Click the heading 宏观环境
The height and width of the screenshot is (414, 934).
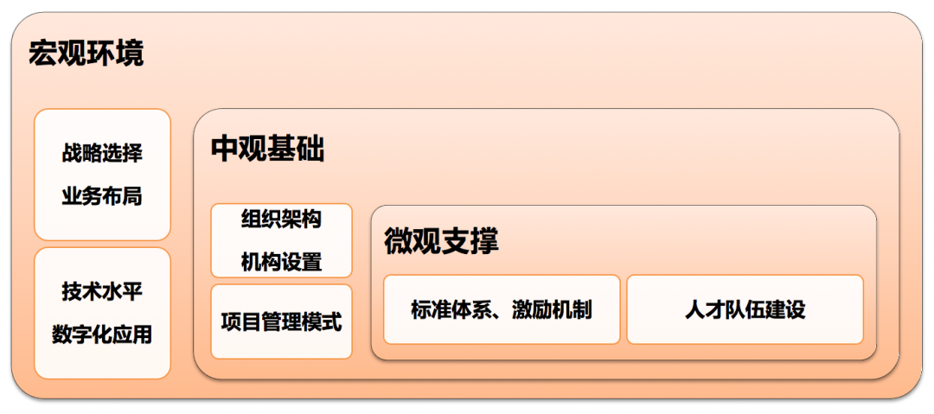pos(86,54)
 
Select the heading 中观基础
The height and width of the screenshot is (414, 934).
pos(268,150)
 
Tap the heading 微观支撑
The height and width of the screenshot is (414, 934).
pos(442,242)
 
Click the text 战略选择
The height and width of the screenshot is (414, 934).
pos(102,154)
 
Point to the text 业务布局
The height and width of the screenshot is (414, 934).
pos(102,196)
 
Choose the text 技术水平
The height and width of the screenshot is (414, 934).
pos(102,291)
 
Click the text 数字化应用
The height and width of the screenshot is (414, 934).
pos(102,334)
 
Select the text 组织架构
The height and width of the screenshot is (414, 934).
pos(281,219)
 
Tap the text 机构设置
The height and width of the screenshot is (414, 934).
pos(281,262)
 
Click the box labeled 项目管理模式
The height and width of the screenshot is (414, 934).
pos(281,322)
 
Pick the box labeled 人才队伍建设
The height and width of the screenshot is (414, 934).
pos(745,309)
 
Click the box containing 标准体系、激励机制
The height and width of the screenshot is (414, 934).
pos(502,309)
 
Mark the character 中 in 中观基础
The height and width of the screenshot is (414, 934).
pos(226,150)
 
